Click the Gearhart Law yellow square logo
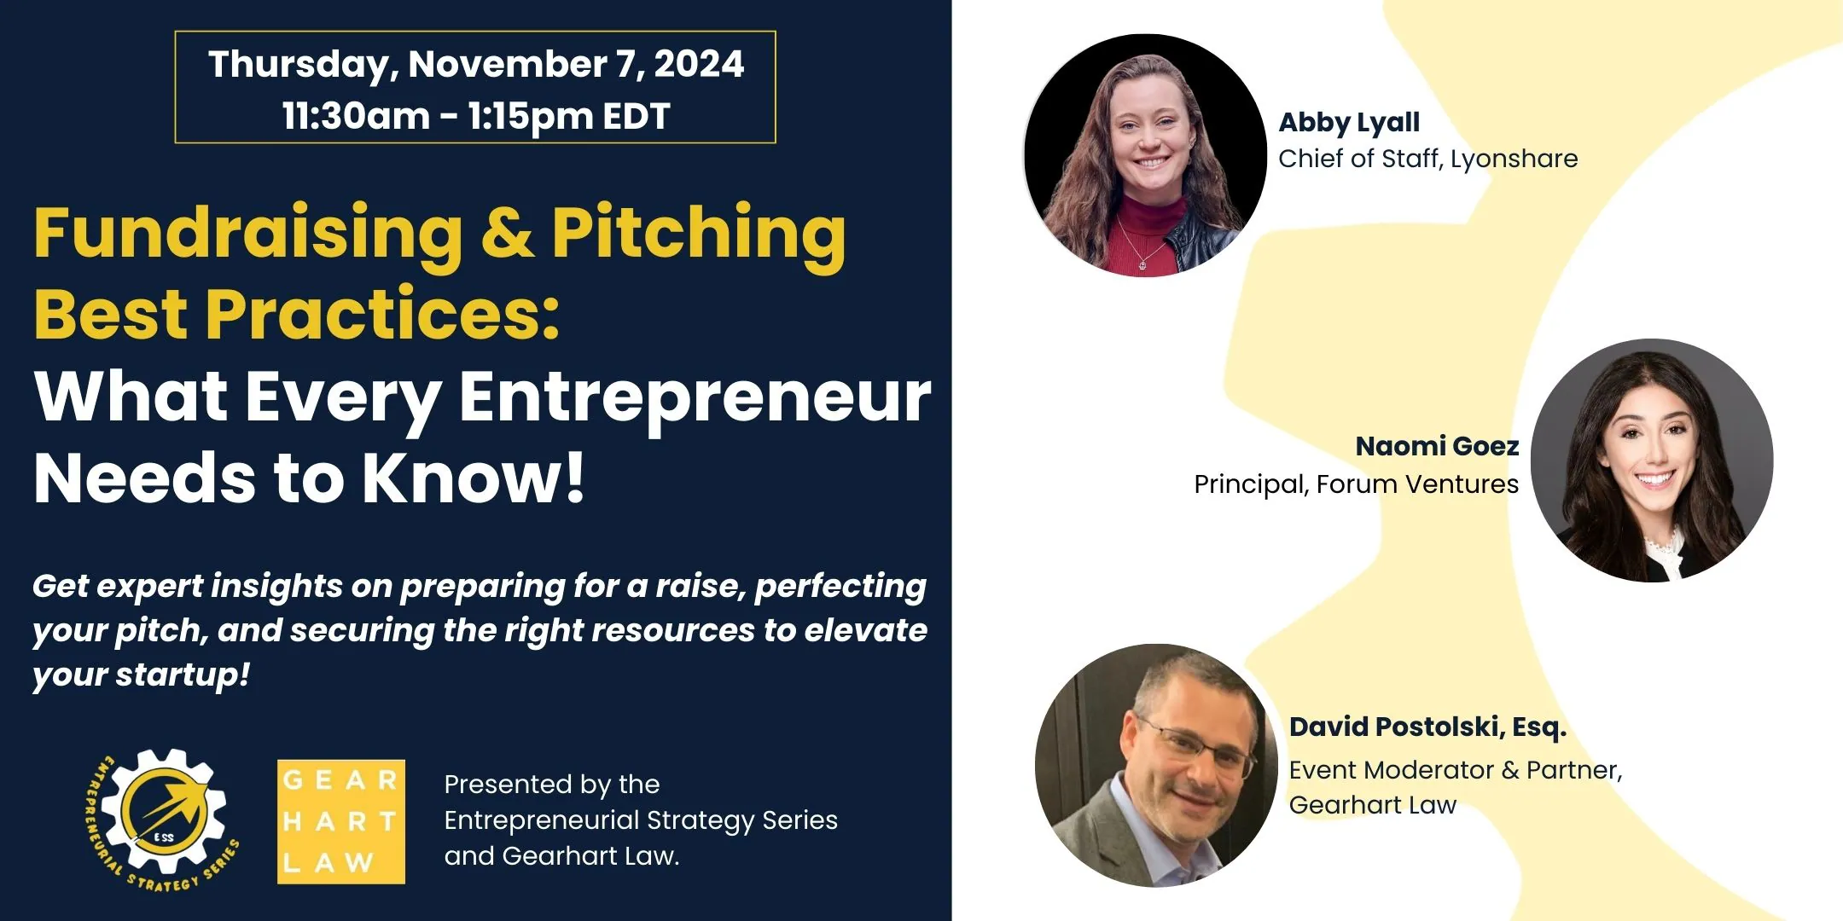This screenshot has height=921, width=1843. pos(340,821)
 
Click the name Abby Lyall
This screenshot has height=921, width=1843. pos(1348,123)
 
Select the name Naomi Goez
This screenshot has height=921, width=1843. pos(1437,446)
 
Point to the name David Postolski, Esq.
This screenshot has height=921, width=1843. pos(1427,727)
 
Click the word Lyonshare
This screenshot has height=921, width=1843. pos(1514,159)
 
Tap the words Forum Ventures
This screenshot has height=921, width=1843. pos(1416,484)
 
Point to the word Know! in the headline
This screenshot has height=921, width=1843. pos(474,478)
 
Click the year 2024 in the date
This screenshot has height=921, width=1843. pos(699,65)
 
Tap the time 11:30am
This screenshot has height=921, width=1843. pos(356,116)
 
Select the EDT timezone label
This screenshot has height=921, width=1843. pos(636,116)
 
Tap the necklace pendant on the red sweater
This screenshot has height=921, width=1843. pos(1142,264)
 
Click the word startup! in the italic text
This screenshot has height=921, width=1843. pos(183,675)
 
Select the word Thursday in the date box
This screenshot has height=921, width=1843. pos(302,65)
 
